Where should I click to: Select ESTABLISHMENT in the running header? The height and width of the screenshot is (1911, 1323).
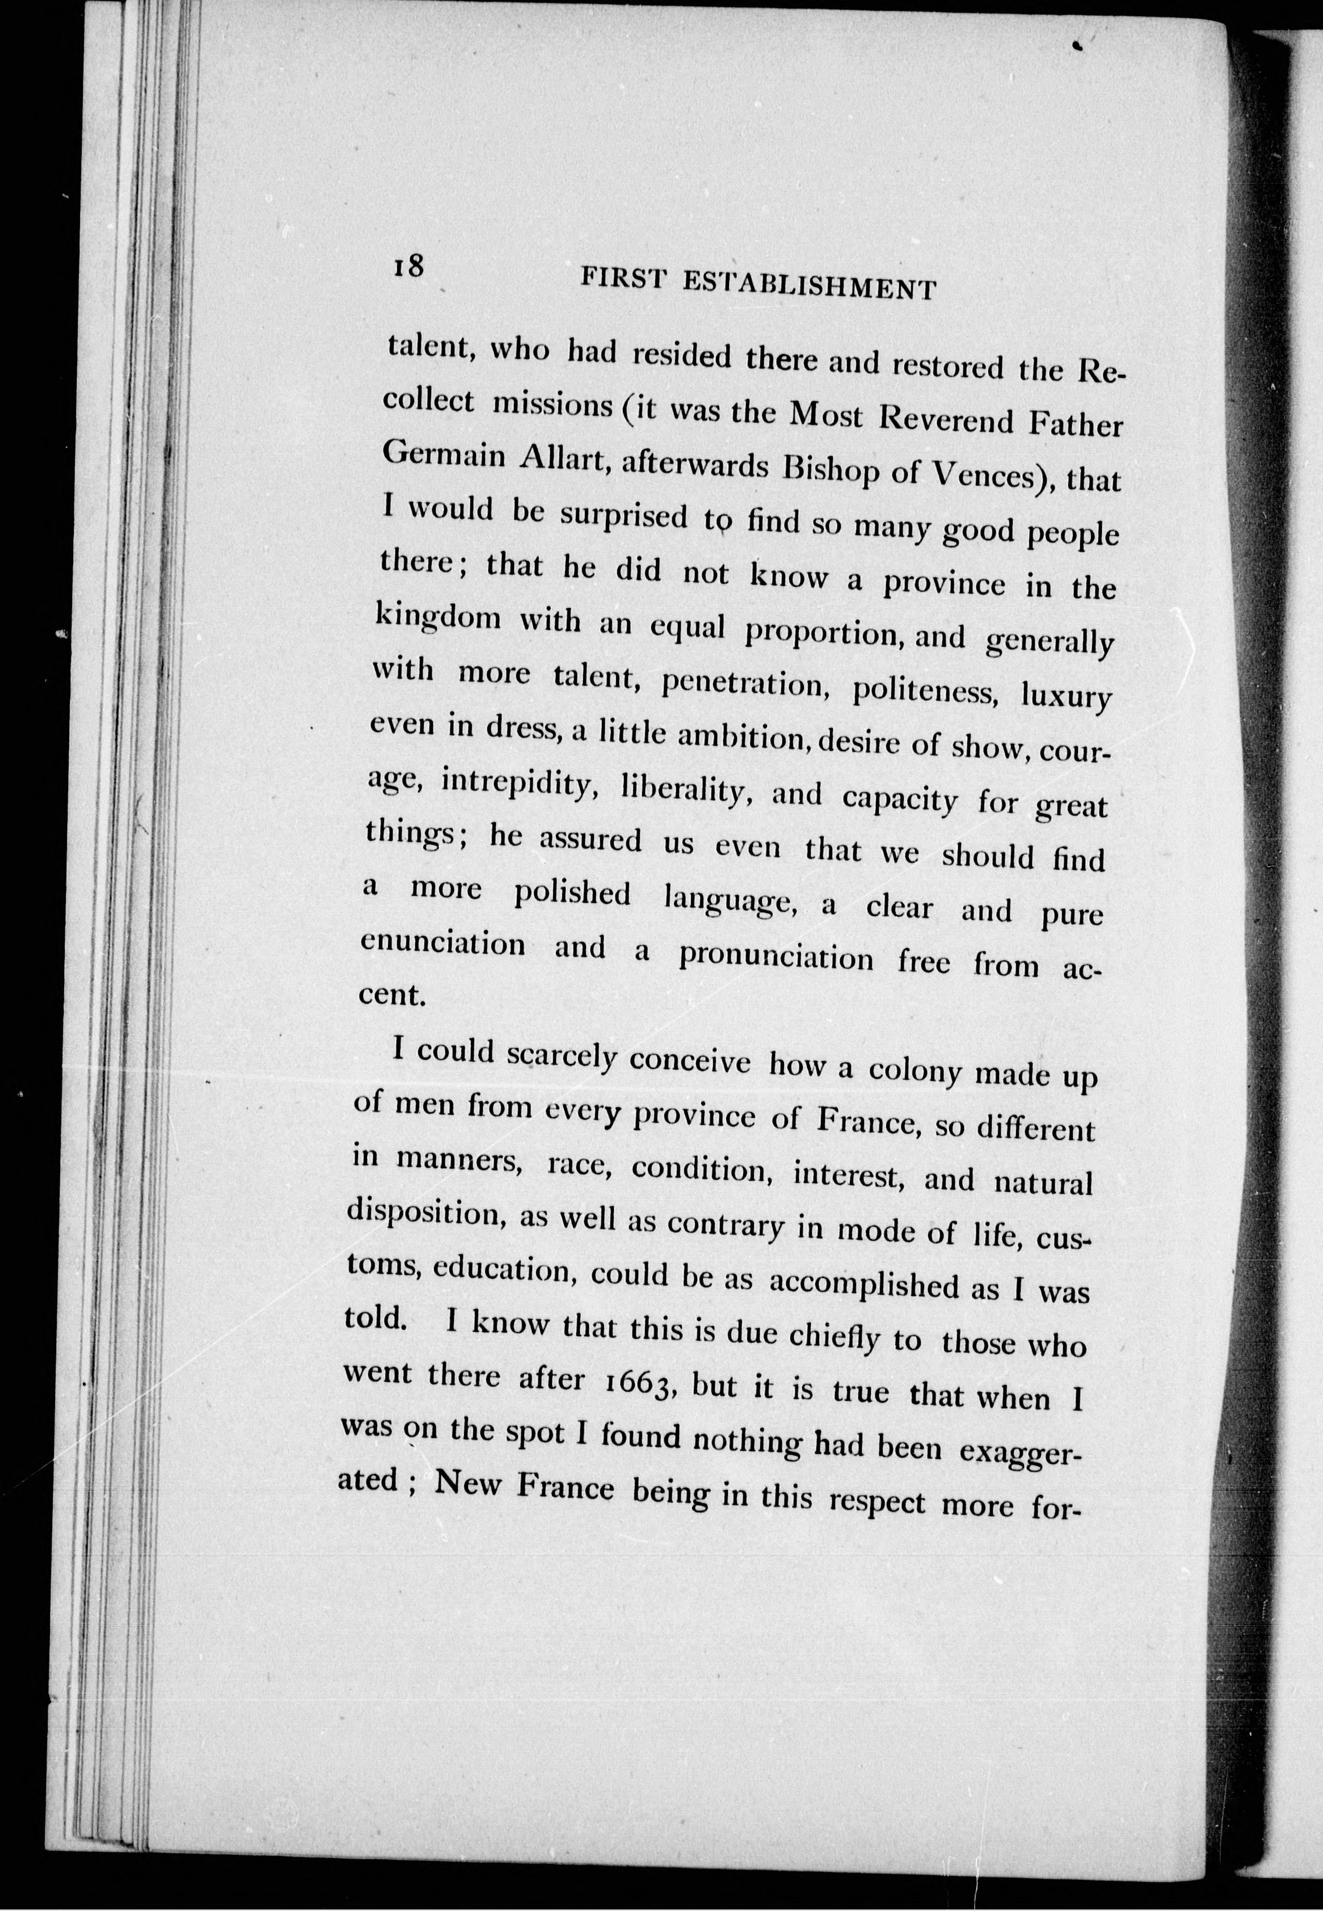tap(810, 285)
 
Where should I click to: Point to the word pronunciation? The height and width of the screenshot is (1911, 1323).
tap(776, 957)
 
